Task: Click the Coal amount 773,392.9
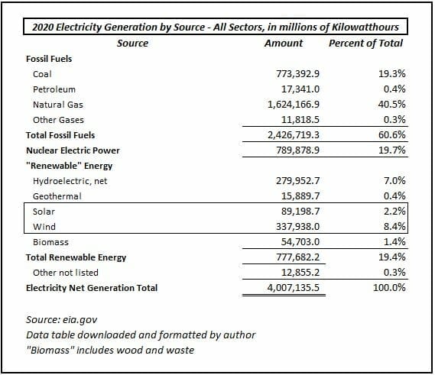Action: [x=297, y=74]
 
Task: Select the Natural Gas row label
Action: [x=58, y=105]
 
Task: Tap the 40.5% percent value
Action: [x=391, y=105]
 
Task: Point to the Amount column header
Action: [x=284, y=44]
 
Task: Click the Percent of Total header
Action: [x=366, y=44]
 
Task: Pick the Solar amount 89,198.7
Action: [x=300, y=212]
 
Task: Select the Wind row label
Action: [x=44, y=227]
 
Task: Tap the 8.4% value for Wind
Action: [x=394, y=226]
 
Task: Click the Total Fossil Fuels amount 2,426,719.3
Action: [x=294, y=135]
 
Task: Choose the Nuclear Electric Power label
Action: [x=73, y=150]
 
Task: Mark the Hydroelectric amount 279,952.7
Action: [x=297, y=181]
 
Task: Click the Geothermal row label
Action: [x=57, y=196]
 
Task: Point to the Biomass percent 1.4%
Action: [x=394, y=242]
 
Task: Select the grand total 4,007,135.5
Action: [x=294, y=288]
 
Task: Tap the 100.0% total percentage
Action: [x=389, y=288]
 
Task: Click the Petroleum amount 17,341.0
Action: [x=300, y=89]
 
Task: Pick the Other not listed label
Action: [x=66, y=273]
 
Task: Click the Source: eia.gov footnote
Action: [x=62, y=320]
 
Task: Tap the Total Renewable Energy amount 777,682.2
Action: [x=297, y=257]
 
